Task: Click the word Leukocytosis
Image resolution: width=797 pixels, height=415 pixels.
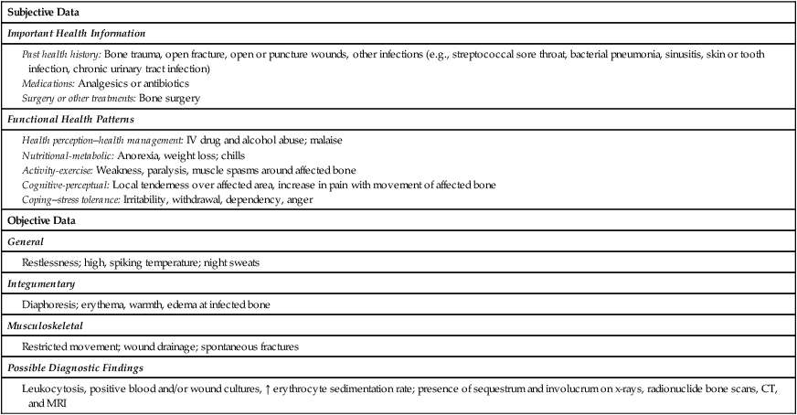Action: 52,388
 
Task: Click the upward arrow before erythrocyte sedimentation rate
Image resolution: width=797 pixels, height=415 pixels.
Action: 267,388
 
